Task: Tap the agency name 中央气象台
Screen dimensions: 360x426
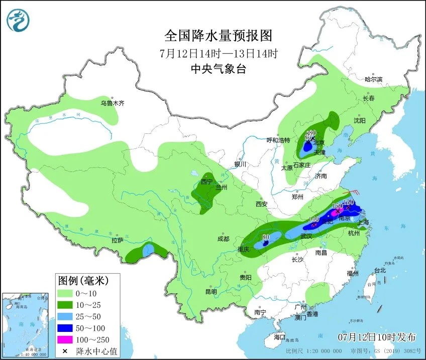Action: [x=218, y=70]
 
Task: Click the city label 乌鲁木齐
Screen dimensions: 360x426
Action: [x=112, y=103]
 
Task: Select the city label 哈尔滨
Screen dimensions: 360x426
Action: [x=373, y=79]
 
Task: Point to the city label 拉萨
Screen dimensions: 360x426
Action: [x=118, y=240]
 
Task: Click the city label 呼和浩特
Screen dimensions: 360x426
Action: [x=278, y=140]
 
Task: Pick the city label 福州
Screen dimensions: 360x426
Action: [x=352, y=274]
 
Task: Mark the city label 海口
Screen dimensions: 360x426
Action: [x=279, y=336]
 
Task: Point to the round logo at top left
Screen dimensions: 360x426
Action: [x=18, y=20]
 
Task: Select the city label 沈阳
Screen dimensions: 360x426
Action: [x=359, y=120]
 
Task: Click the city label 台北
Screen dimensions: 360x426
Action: [x=380, y=270]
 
